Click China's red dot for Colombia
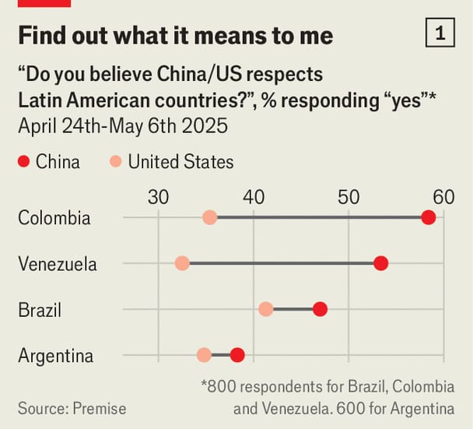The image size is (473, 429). tap(428, 217)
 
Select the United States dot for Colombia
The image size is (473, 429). tap(209, 217)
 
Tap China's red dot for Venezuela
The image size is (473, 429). tap(380, 263)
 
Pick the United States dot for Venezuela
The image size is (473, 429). tap(182, 263)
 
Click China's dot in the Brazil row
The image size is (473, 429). tap(320, 309)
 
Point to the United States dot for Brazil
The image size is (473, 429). tap(266, 309)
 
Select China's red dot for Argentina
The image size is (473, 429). tap(237, 355)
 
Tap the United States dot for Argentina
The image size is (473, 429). tap(204, 355)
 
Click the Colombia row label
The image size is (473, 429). tap(54, 217)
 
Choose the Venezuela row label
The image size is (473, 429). tap(58, 264)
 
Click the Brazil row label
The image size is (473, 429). tap(40, 310)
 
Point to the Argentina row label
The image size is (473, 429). tap(56, 356)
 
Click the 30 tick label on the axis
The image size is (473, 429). tap(159, 196)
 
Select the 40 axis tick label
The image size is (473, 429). tap(254, 196)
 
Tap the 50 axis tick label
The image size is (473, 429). tap(349, 196)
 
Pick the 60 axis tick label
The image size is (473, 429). tap(443, 196)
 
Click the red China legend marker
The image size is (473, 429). tap(23, 162)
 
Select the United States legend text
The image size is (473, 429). tap(180, 162)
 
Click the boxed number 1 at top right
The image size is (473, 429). tap(441, 33)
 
